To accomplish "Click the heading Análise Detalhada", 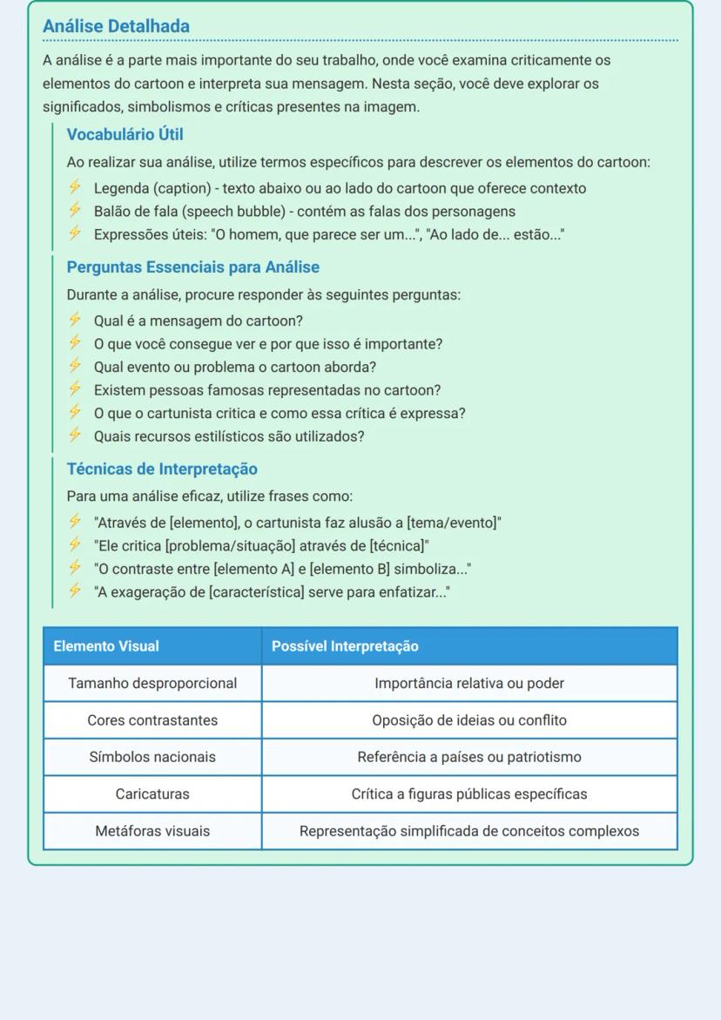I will click(x=116, y=27).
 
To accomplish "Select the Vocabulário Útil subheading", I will click(x=125, y=135).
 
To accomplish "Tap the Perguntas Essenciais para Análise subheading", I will click(x=192, y=267).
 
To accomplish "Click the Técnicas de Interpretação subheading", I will click(x=162, y=469).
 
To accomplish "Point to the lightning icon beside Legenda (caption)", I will click(x=75, y=188).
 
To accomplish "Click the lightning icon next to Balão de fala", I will click(x=75, y=211).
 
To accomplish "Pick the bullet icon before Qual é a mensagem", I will click(x=75, y=321).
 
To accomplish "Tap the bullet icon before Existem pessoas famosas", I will click(x=75, y=390).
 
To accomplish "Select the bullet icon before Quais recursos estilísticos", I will click(x=75, y=436).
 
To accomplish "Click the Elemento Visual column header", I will click(x=106, y=646).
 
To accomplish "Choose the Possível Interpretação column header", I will click(x=345, y=646).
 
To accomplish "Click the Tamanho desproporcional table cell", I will click(x=152, y=684).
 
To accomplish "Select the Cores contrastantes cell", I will click(x=152, y=720).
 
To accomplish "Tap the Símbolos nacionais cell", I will click(x=152, y=757).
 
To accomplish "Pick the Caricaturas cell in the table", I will click(x=152, y=794).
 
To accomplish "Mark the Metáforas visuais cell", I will click(x=152, y=831).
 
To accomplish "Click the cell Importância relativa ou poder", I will click(x=469, y=684).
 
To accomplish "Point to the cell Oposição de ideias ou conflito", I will click(x=469, y=720).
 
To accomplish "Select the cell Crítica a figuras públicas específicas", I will click(x=469, y=794).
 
